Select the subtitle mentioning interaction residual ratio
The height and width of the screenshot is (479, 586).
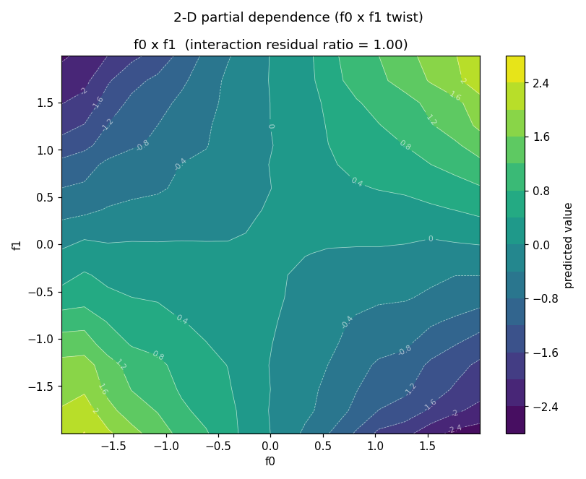[270, 45]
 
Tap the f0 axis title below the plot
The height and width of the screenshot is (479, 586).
[270, 462]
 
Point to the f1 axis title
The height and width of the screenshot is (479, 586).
[17, 245]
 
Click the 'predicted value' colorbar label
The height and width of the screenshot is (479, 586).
[568, 246]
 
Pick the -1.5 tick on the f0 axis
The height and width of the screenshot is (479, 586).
[113, 446]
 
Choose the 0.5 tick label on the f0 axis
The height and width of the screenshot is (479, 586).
[323, 446]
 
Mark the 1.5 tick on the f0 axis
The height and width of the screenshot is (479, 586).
[428, 446]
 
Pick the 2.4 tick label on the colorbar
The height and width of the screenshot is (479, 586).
[541, 83]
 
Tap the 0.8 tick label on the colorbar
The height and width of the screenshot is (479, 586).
[541, 191]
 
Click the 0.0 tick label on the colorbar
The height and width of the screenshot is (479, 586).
[541, 245]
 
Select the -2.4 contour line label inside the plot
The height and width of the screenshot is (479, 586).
[455, 428]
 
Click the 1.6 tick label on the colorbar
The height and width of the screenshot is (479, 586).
[541, 137]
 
